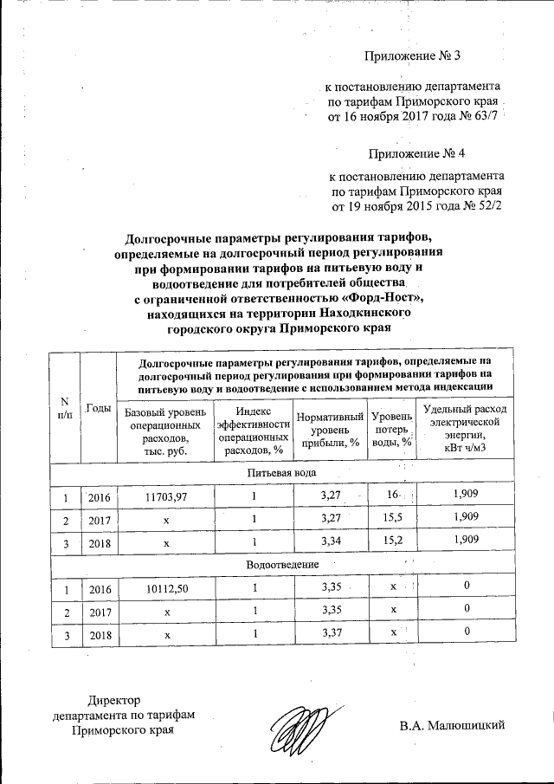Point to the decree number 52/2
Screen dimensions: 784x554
(486, 208)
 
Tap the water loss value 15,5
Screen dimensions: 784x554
(394, 518)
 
